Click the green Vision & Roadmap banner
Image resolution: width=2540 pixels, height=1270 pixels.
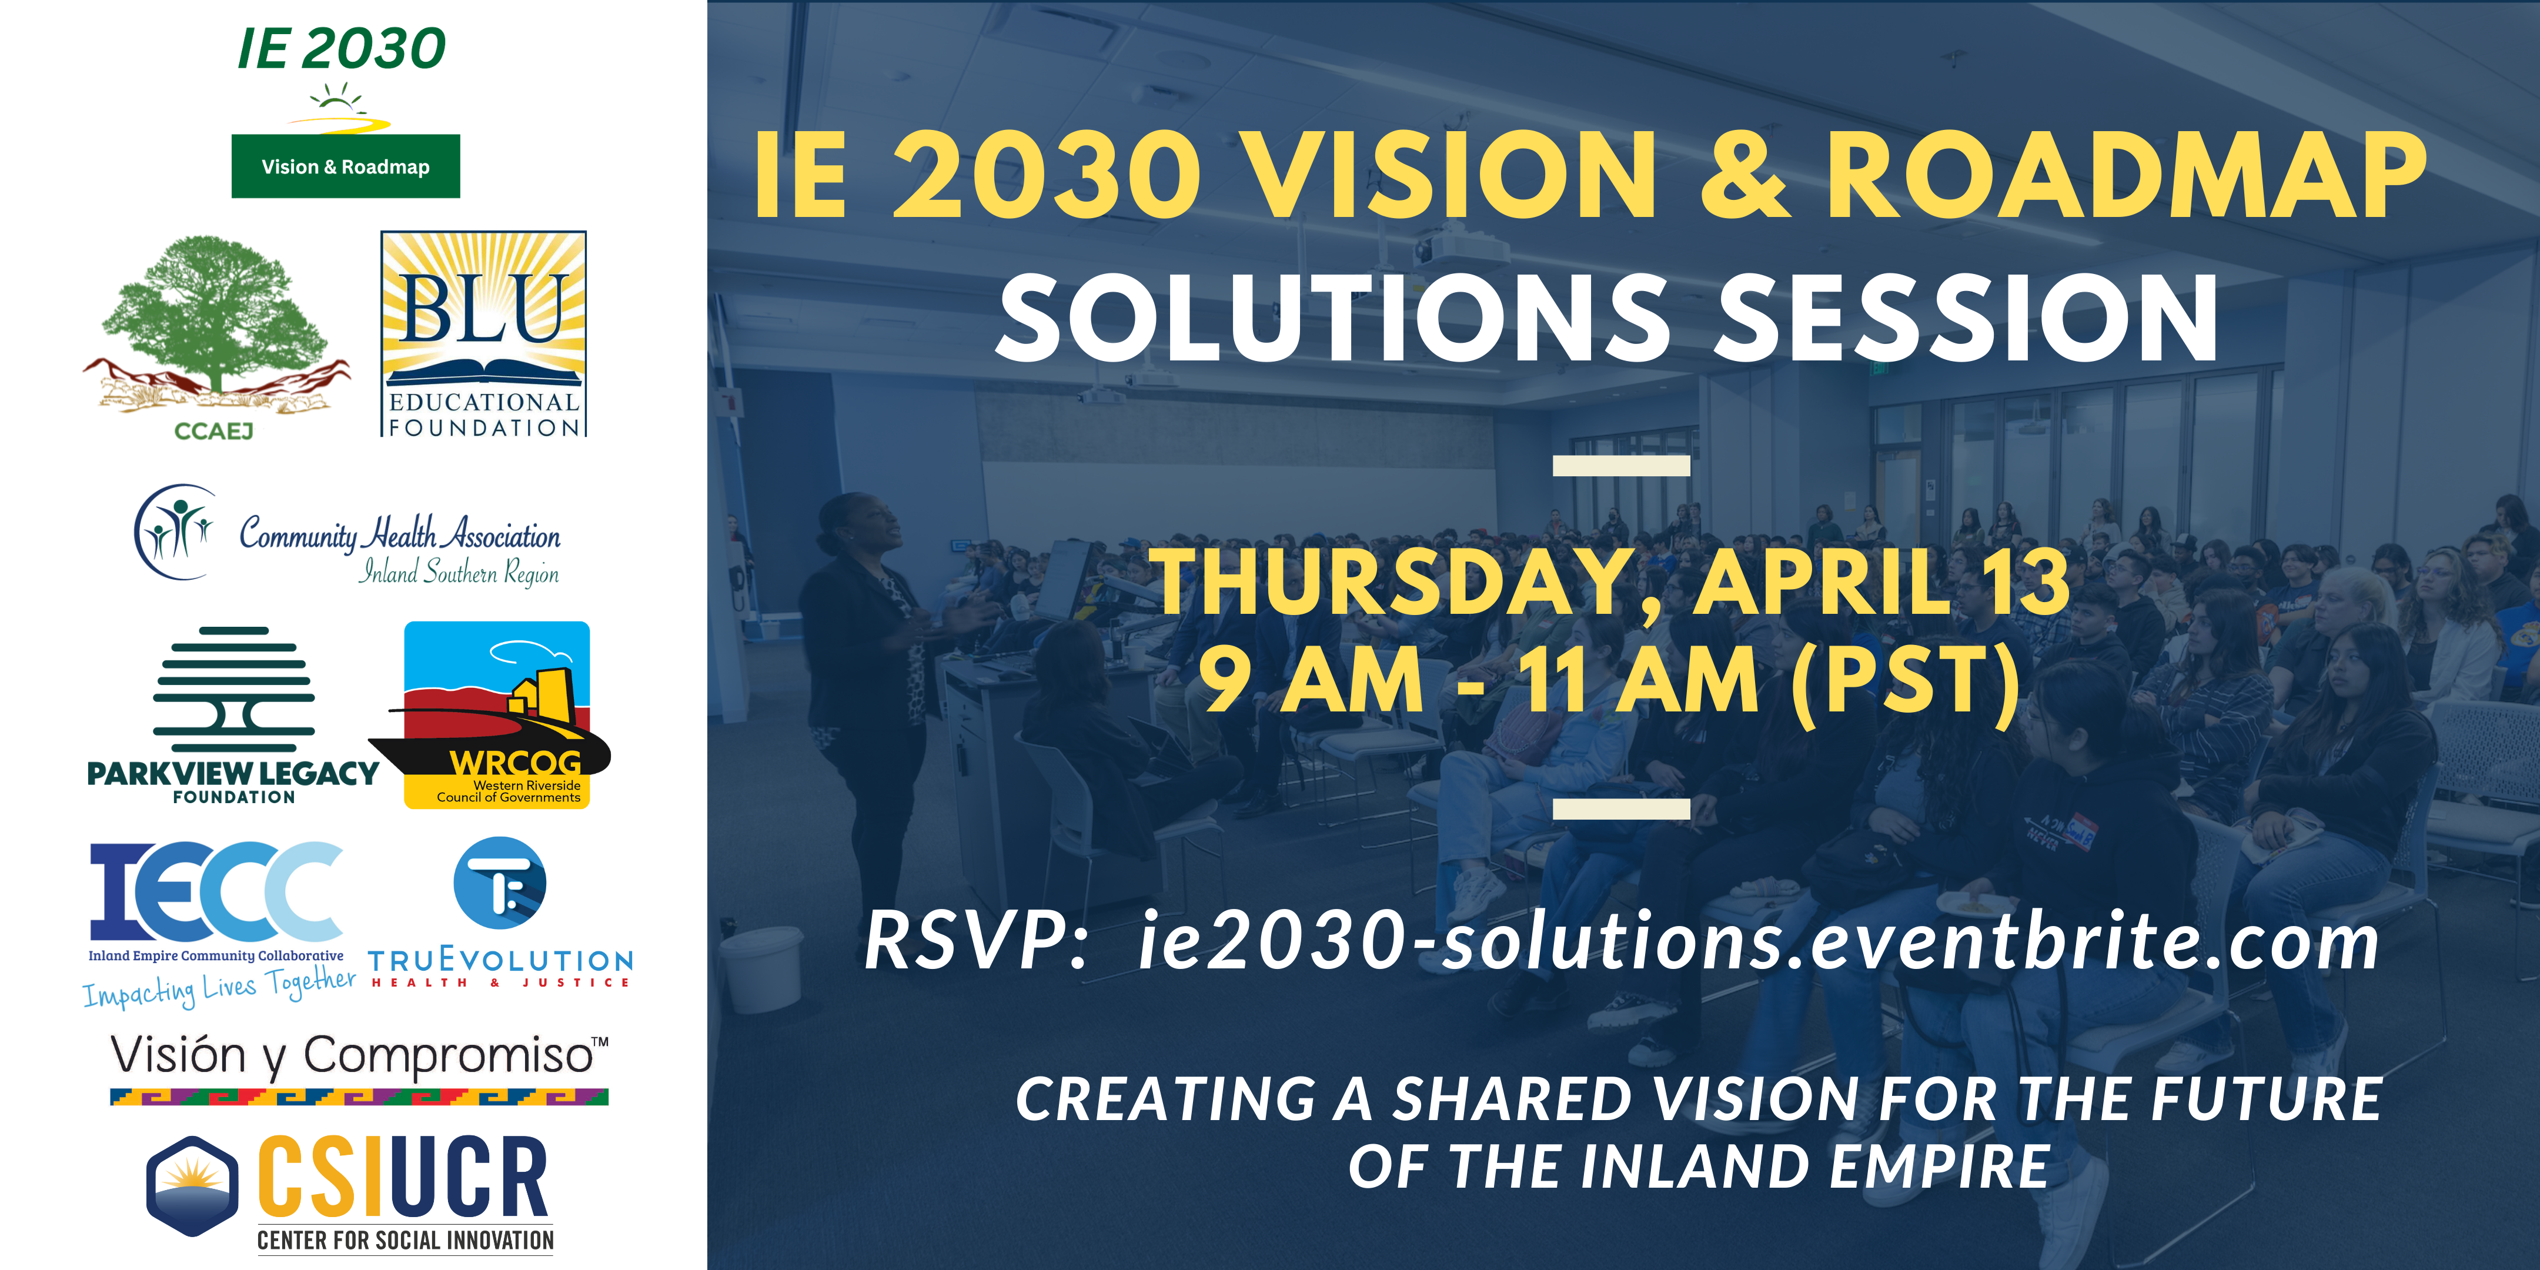(x=345, y=166)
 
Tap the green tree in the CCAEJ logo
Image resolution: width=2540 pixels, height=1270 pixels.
(x=217, y=310)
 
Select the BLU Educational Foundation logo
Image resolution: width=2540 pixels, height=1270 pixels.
(x=483, y=333)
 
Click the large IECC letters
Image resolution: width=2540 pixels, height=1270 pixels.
(x=216, y=890)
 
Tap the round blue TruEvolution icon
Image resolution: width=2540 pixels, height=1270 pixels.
(x=500, y=883)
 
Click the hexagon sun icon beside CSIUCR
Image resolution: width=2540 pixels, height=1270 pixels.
(x=192, y=1185)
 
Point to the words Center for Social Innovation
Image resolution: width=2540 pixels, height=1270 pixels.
(x=405, y=1239)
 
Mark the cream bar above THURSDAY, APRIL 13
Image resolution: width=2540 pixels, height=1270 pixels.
(x=1621, y=466)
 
